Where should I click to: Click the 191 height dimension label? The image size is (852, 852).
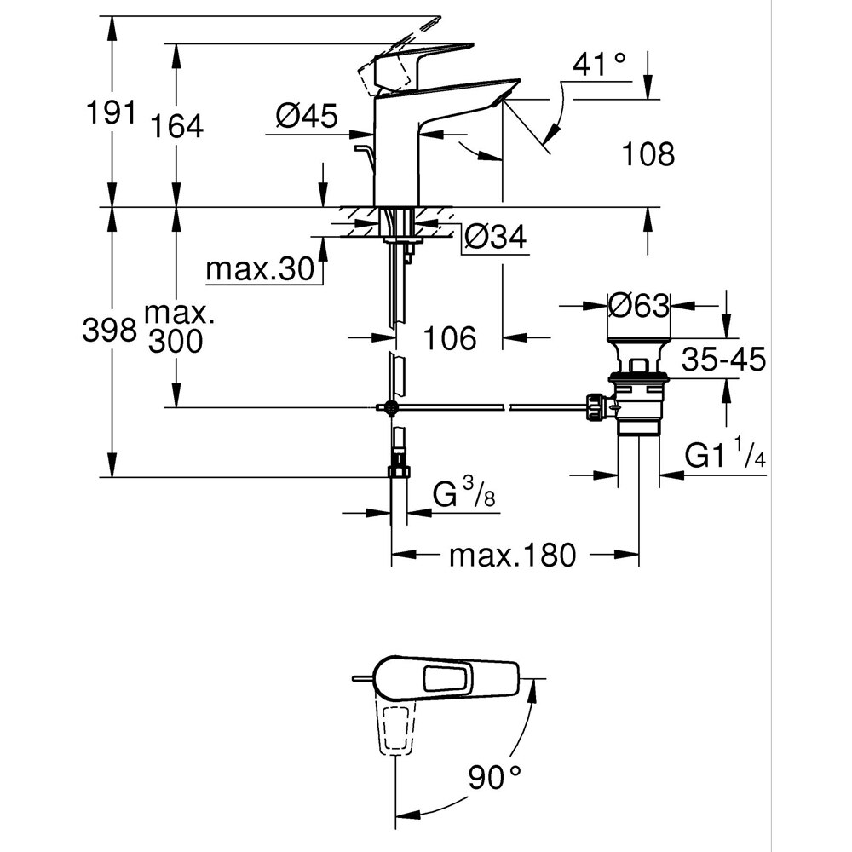tap(108, 112)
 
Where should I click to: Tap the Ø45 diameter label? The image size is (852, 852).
tap(307, 114)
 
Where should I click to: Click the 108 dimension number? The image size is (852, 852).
tap(647, 154)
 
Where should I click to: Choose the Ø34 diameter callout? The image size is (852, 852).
tap(494, 238)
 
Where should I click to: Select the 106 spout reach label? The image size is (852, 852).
tap(450, 338)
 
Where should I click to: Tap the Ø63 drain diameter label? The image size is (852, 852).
tap(639, 304)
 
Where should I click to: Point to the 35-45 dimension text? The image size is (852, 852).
tap(722, 359)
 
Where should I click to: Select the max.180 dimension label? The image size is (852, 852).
tap(513, 556)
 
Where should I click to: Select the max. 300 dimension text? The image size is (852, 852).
tap(177, 326)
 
